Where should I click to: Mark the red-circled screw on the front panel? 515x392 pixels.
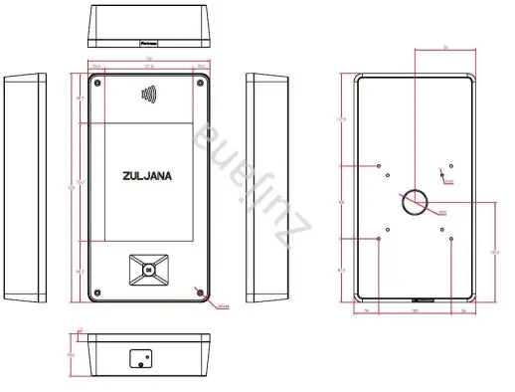[202, 293]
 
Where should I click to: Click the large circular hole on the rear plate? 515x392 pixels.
[415, 202]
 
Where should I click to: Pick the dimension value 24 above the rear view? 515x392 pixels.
[417, 47]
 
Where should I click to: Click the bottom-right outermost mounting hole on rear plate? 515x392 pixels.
[450, 238]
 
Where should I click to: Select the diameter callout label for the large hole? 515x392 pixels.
[441, 213]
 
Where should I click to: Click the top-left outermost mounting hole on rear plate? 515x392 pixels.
[379, 165]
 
